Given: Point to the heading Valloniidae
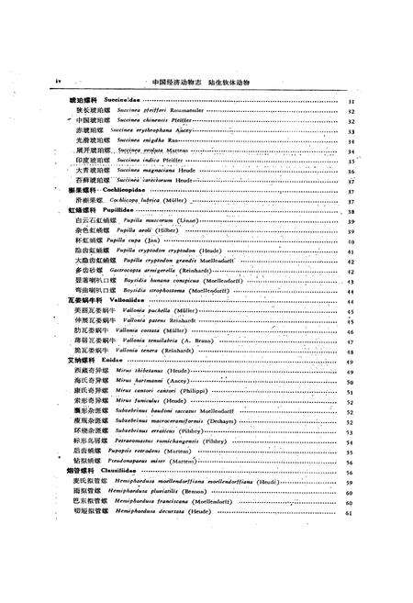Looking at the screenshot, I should (x=117, y=300).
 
